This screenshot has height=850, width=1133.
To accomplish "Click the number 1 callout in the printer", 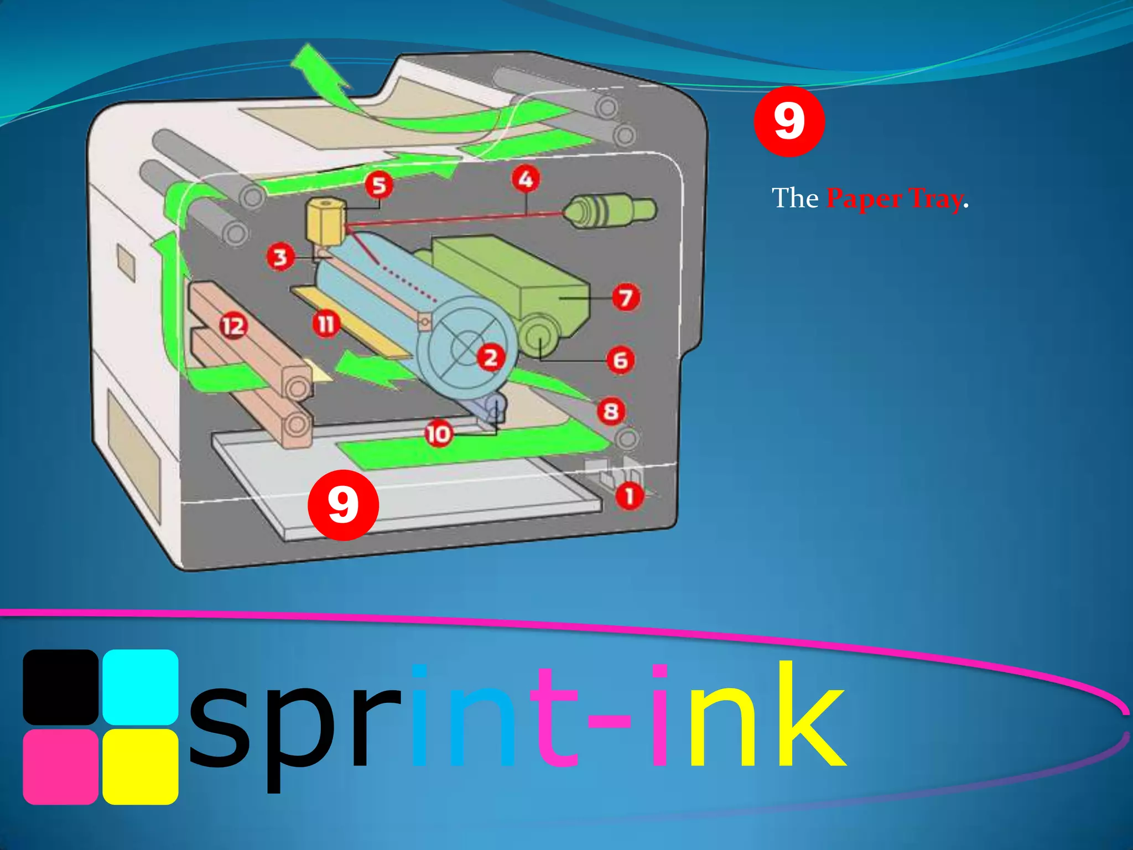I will [x=630, y=496].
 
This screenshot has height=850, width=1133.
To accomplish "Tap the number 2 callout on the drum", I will [x=491, y=357].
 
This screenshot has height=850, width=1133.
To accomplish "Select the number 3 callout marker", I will [x=280, y=257].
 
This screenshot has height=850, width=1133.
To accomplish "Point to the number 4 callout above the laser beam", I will [x=526, y=179].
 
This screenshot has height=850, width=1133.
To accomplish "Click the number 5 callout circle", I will [x=379, y=185].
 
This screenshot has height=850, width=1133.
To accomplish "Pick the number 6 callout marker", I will [x=621, y=360].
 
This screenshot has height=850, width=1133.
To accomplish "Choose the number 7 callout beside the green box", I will [x=626, y=298].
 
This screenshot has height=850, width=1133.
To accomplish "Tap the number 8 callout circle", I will [x=611, y=411].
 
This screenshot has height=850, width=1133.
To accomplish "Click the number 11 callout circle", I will [x=326, y=324].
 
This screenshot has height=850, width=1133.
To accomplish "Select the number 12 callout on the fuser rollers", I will [x=233, y=326].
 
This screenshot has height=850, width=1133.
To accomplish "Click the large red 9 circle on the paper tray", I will [x=343, y=505].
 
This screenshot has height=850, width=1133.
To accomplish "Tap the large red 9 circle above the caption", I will [x=789, y=121].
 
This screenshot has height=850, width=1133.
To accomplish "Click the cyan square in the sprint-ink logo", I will [x=141, y=687].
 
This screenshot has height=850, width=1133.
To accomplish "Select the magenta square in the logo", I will [x=61, y=766].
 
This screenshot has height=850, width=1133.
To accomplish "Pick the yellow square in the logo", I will [x=141, y=766].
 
